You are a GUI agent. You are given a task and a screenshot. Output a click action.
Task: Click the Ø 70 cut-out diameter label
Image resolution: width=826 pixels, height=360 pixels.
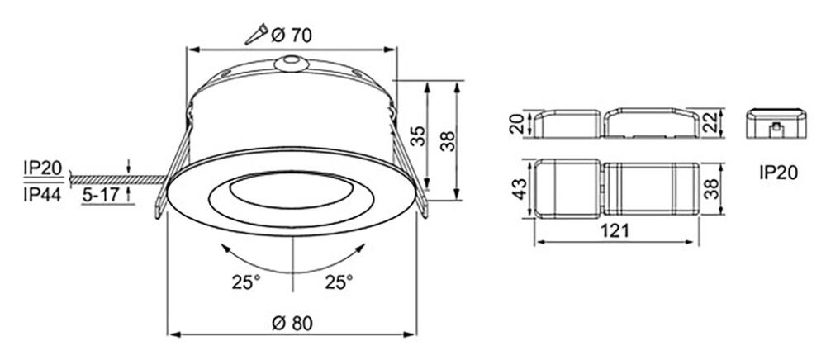[x=291, y=35]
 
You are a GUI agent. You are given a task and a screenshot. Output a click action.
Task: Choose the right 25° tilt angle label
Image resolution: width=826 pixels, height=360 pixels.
[x=339, y=282]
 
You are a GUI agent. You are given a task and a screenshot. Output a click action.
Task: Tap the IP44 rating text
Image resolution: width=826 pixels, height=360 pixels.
[x=42, y=194]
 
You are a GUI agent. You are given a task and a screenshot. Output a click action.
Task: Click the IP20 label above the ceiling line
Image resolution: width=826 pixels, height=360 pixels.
[x=42, y=168]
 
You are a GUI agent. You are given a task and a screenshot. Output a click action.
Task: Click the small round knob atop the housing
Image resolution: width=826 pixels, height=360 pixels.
[x=291, y=63]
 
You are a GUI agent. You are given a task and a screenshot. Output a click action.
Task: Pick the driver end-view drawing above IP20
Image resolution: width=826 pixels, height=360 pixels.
[x=775, y=126]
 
